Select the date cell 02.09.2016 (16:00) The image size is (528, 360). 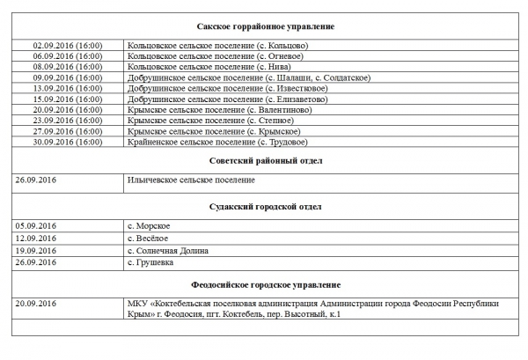coord(67,45)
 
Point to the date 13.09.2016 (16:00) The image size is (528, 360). coord(67,88)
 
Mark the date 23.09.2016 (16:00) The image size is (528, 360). coord(67,121)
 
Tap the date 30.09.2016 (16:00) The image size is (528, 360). coord(67,142)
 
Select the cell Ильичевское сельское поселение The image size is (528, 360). coord(191,180)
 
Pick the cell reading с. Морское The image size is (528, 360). coord(149,226)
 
